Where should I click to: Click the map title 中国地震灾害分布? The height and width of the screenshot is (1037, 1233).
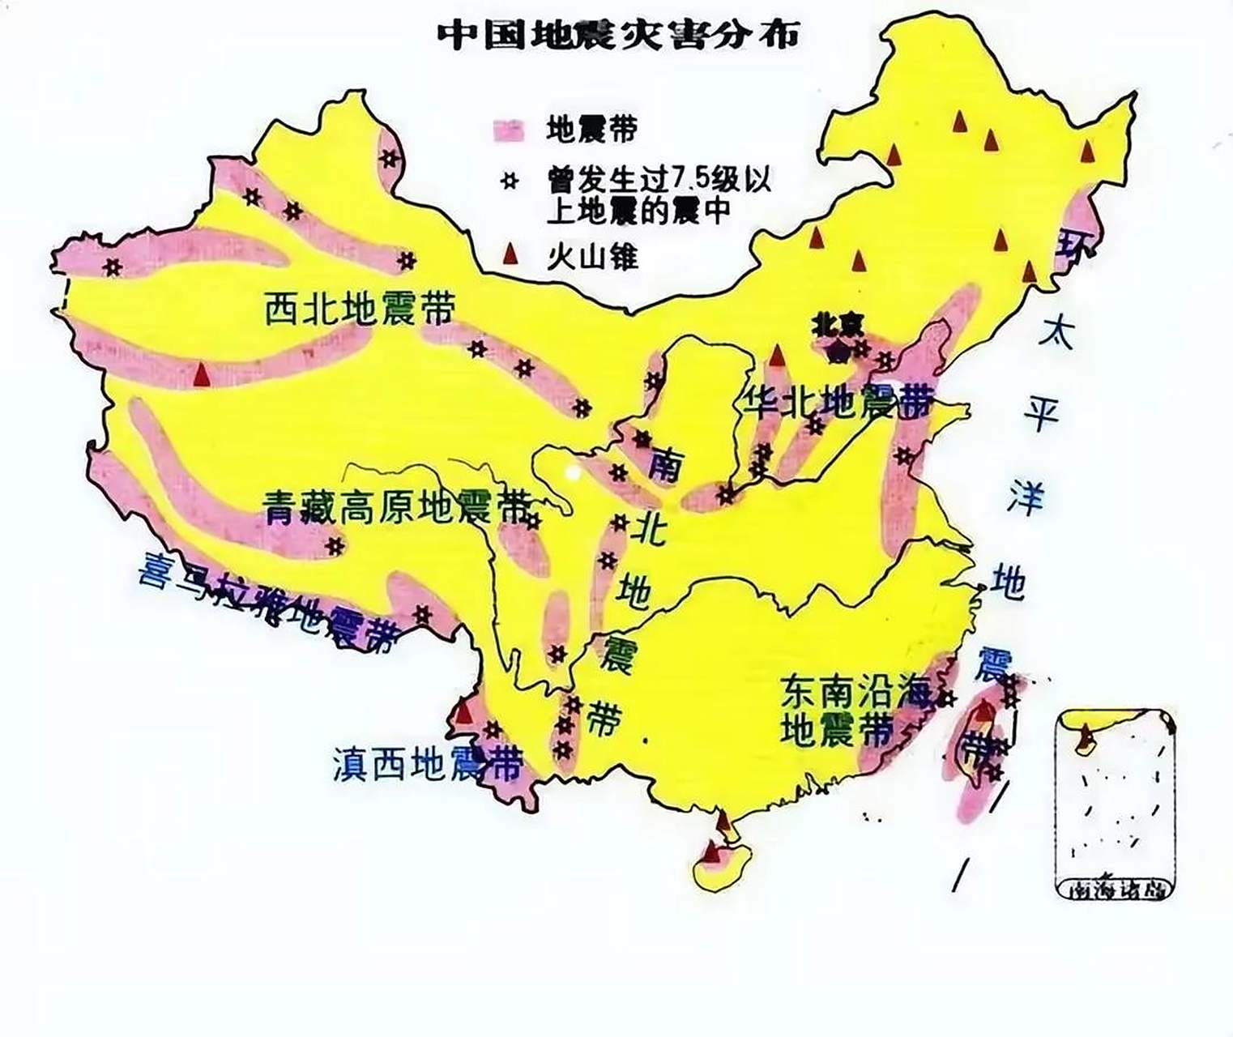click(x=618, y=35)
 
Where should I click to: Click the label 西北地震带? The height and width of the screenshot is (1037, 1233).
click(x=360, y=308)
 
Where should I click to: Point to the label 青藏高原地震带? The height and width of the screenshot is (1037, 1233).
click(x=398, y=508)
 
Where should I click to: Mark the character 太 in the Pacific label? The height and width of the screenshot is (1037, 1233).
click(x=1057, y=333)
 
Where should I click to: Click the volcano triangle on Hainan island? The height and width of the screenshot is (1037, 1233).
click(x=711, y=851)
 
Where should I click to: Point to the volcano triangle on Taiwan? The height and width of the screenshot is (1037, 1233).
click(x=983, y=714)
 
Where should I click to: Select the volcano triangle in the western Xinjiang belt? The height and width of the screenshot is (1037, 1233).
click(x=202, y=374)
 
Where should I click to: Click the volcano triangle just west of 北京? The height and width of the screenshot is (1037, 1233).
click(x=777, y=356)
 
